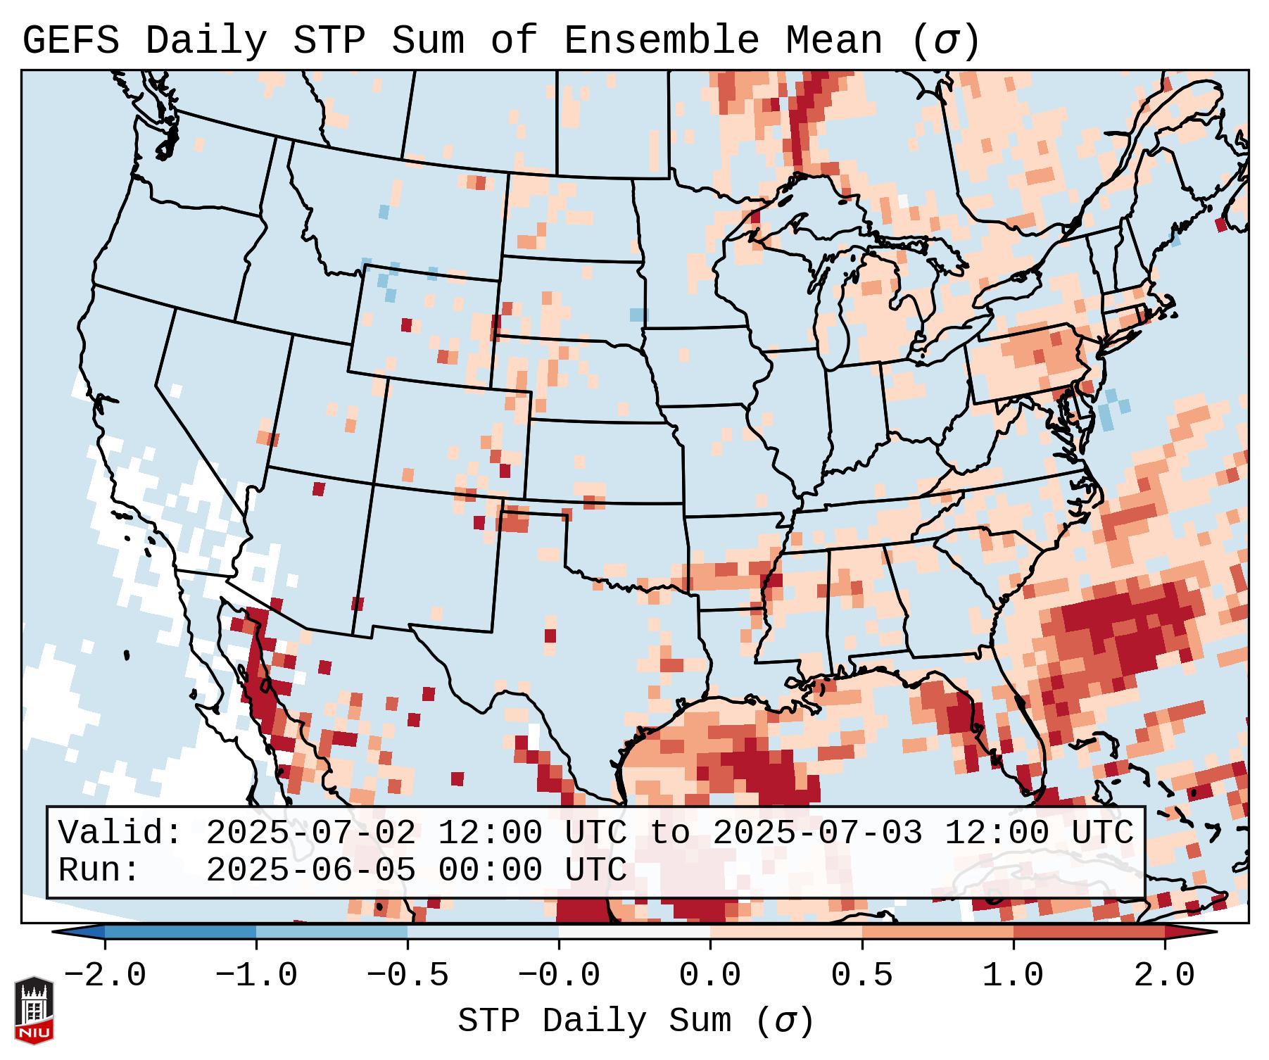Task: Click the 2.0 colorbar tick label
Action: point(1164,976)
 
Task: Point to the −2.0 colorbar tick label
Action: point(105,976)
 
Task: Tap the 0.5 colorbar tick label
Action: point(861,976)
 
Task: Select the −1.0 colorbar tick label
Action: point(256,976)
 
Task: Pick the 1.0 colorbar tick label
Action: point(1013,976)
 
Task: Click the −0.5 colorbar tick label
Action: point(408,976)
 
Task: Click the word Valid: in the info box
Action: point(120,833)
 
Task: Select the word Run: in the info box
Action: point(99,870)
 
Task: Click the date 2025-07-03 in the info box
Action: point(817,833)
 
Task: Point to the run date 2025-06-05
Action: point(310,870)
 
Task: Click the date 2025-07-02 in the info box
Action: point(310,833)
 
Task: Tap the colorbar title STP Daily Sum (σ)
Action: point(635,1021)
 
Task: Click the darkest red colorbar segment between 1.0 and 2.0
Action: point(1088,932)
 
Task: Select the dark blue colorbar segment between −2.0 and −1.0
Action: point(180,932)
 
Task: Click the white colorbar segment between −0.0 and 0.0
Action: point(634,932)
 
